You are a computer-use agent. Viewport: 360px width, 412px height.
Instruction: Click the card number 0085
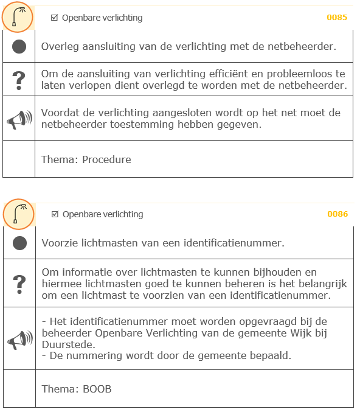pos(337,18)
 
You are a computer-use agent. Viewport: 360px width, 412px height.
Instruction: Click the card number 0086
pos(337,214)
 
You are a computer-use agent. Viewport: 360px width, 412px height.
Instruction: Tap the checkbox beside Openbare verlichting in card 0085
pos(55,18)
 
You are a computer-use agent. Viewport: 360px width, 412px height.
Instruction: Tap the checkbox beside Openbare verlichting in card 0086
pos(55,214)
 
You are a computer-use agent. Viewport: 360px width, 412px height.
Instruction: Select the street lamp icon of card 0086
pos(18,214)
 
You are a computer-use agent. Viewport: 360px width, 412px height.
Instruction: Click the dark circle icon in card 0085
pos(19,46)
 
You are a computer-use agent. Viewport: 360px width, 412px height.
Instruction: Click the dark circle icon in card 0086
pos(20,243)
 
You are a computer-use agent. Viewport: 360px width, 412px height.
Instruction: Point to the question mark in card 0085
pos(19,79)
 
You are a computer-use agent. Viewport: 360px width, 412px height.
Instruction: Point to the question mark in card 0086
pos(20,283)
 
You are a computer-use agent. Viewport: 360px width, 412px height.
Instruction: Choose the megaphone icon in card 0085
pos(19,119)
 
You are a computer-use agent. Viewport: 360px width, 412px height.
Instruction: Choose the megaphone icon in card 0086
pos(20,338)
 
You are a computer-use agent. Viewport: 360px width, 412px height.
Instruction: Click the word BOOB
pos(97,389)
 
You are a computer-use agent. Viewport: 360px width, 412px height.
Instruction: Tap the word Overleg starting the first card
pos(58,46)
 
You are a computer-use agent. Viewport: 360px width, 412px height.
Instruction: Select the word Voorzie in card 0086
pos(59,243)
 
